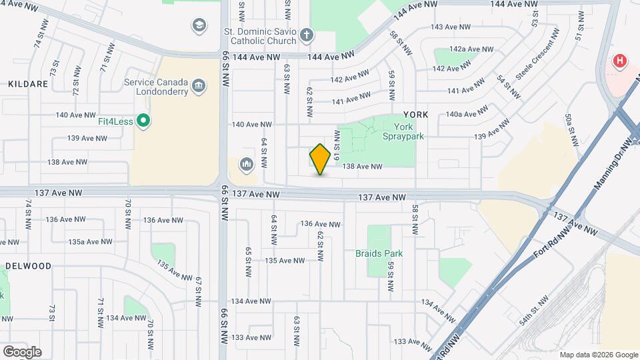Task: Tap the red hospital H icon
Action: tap(620, 61)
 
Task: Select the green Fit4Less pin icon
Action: tap(143, 121)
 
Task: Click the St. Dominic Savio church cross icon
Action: tap(306, 35)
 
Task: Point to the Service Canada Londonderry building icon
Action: tap(198, 86)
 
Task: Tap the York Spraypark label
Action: tap(409, 131)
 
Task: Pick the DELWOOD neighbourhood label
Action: tap(28, 265)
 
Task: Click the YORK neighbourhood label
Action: tap(415, 115)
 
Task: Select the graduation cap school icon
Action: tap(198, 26)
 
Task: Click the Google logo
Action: tap(22, 352)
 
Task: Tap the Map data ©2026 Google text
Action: tap(598, 355)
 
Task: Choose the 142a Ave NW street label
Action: tap(471, 49)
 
